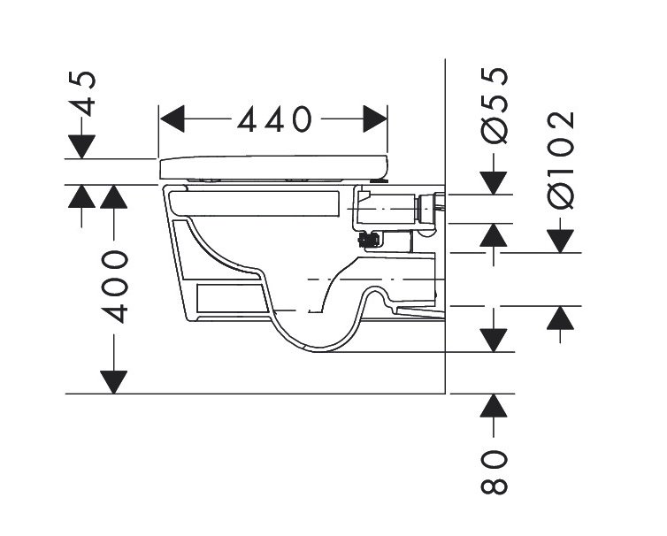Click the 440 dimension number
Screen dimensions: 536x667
(x=273, y=119)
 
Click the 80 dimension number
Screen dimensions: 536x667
(x=494, y=472)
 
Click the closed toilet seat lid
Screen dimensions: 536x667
(x=274, y=166)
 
